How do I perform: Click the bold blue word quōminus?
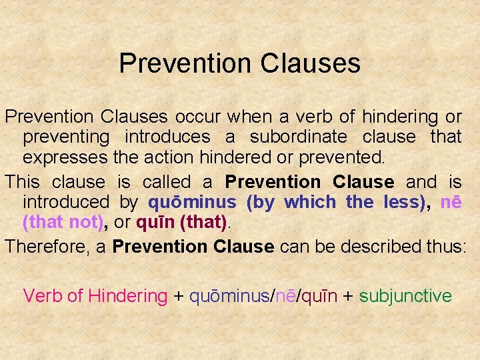coord(192,202)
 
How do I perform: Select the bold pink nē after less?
coord(451,202)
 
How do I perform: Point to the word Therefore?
coord(52,246)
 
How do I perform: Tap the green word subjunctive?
coord(405,295)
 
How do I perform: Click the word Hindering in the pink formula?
coord(127,295)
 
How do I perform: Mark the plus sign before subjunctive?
coord(348,296)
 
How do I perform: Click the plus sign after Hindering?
coord(178,296)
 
